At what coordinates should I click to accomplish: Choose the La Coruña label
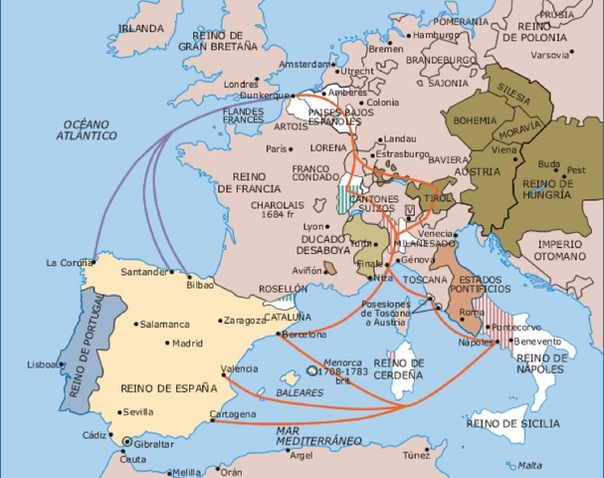click(68, 263)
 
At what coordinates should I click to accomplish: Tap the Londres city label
click(242, 84)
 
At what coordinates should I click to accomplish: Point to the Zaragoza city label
click(244, 321)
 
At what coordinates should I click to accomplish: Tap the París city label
click(277, 148)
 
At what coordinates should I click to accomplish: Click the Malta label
click(530, 464)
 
